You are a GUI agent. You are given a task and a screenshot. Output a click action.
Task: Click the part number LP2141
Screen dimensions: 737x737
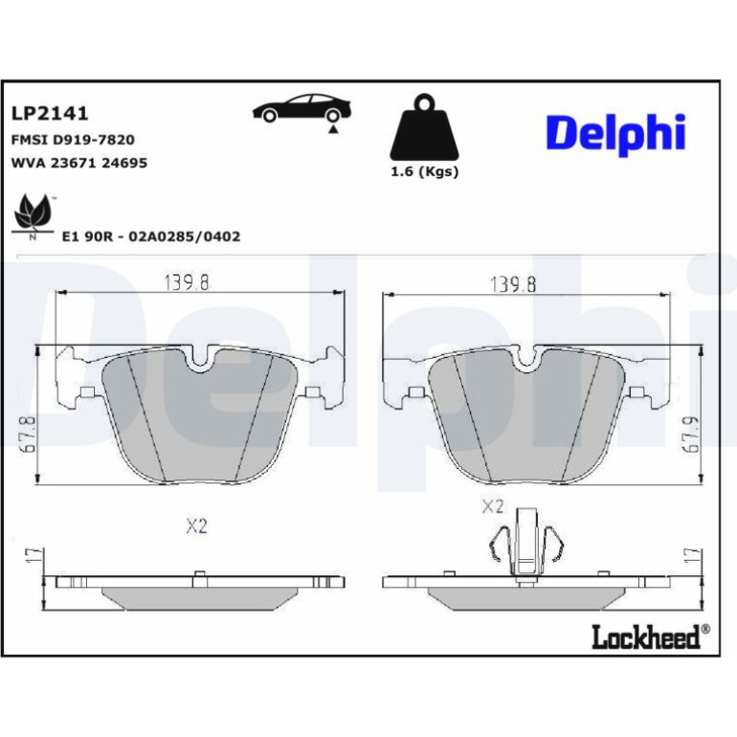[x=50, y=114]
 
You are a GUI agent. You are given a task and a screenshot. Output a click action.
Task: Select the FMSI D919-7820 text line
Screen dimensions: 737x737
[x=73, y=140]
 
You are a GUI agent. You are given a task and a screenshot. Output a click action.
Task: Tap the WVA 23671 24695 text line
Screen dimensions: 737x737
[x=78, y=163]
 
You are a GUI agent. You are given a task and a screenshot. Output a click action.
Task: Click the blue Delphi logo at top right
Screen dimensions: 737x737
[x=615, y=134]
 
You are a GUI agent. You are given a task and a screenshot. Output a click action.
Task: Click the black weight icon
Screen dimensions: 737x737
[x=424, y=127]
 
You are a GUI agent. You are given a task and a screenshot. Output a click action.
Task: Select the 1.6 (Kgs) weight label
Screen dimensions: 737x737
[x=424, y=171]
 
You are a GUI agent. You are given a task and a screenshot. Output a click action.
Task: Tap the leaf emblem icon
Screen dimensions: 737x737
[x=33, y=216]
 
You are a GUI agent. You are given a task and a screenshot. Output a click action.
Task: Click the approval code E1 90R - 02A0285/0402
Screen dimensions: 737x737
[x=151, y=236]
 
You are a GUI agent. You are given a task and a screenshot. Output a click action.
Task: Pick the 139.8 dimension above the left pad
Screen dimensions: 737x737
[x=187, y=282]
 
